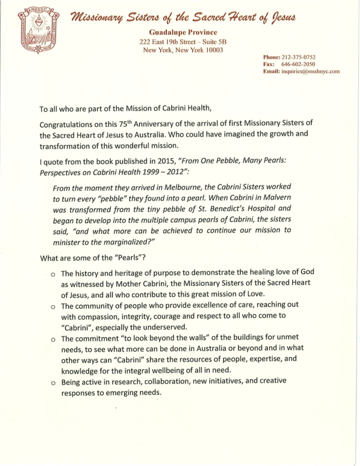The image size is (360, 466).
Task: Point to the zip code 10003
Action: click(211, 50)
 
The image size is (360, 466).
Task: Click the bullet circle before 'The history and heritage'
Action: click(52, 274)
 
